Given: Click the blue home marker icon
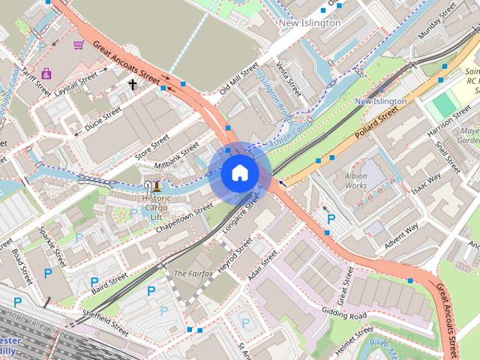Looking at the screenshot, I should (x=239, y=173).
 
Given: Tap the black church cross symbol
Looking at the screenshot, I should (x=133, y=85).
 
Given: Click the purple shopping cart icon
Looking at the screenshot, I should (x=78, y=45).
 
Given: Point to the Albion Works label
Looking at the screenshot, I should (x=355, y=180).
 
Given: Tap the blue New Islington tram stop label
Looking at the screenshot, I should (x=380, y=100).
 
